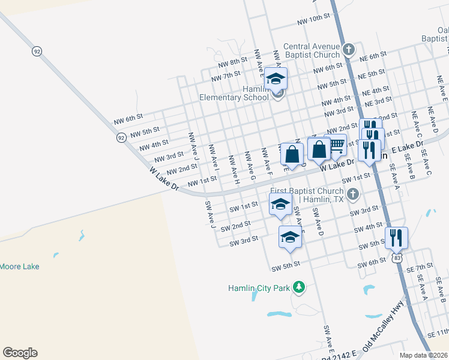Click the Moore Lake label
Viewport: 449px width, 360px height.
tap(20, 266)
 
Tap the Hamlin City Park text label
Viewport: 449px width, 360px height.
tap(259, 288)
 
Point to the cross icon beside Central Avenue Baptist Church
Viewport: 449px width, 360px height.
tap(348, 47)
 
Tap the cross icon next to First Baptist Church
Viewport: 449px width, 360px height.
tap(353, 194)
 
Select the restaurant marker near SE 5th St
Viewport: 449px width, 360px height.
tap(397, 238)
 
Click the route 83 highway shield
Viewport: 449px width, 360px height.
tap(398, 257)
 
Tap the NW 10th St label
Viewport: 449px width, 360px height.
tap(314, 20)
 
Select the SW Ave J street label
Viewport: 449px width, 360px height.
tap(210, 214)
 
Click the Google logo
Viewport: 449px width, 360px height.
tap(20, 353)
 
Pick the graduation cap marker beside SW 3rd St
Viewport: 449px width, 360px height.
tap(290, 236)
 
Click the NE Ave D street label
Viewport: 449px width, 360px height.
tap(433, 121)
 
